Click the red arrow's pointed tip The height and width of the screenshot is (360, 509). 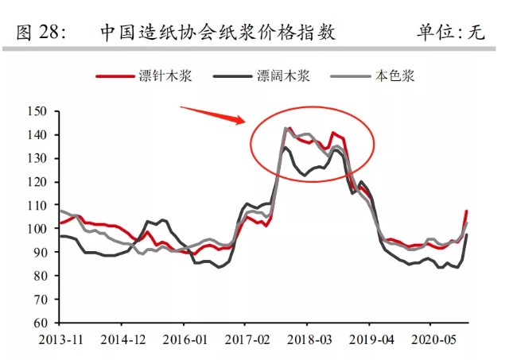pyautogui.click(x=243, y=122)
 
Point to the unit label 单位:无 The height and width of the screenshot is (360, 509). pyautogui.click(x=450, y=32)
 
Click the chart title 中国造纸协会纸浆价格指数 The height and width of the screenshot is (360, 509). pyautogui.click(x=218, y=32)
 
